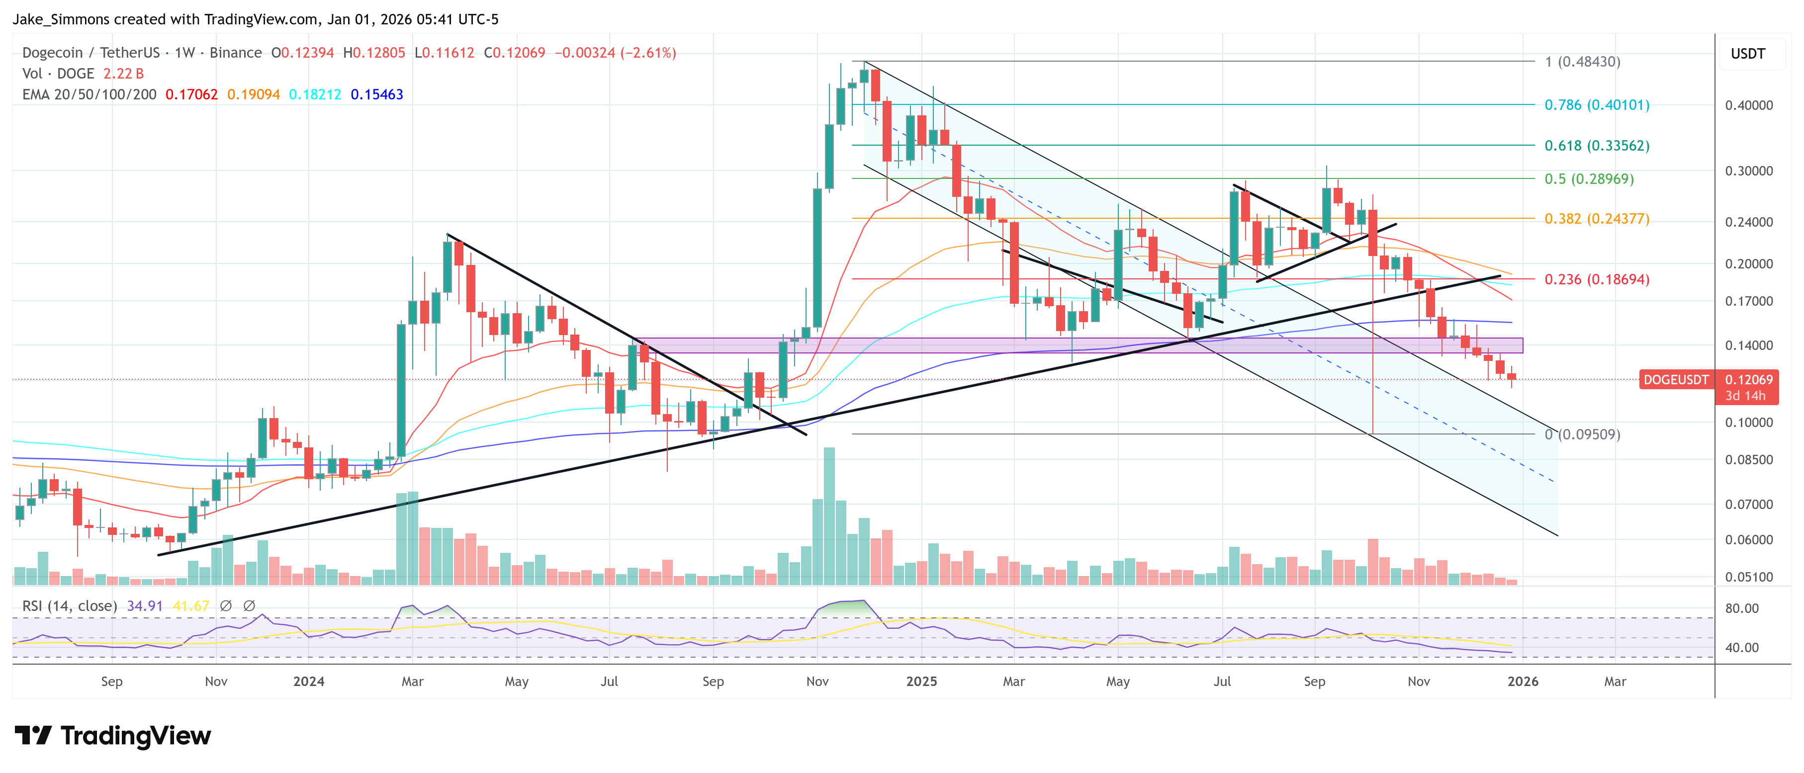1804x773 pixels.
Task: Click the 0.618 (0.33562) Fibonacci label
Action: point(1597,146)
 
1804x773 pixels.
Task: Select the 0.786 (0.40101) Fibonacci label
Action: point(1597,105)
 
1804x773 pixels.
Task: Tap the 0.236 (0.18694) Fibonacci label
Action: point(1597,279)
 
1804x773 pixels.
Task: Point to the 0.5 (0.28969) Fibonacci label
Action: point(1589,178)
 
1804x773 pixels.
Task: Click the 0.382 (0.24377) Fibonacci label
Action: point(1597,218)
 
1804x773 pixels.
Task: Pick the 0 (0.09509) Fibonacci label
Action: point(1582,434)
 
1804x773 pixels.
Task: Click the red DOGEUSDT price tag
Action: point(1676,379)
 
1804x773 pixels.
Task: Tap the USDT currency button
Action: point(1748,54)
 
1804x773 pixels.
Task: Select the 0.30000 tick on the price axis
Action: point(1749,171)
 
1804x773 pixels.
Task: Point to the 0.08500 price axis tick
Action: point(1749,460)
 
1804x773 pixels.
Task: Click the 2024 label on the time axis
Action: point(309,681)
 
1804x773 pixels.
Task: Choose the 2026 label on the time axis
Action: point(1523,681)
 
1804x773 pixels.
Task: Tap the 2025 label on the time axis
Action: point(921,681)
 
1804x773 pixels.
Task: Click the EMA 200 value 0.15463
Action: point(377,94)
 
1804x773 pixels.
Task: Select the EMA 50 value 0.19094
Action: point(254,94)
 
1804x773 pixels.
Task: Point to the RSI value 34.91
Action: point(144,605)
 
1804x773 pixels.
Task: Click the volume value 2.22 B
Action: point(123,74)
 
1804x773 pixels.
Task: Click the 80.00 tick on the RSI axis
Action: point(1742,608)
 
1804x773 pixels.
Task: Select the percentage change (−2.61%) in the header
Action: point(648,53)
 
